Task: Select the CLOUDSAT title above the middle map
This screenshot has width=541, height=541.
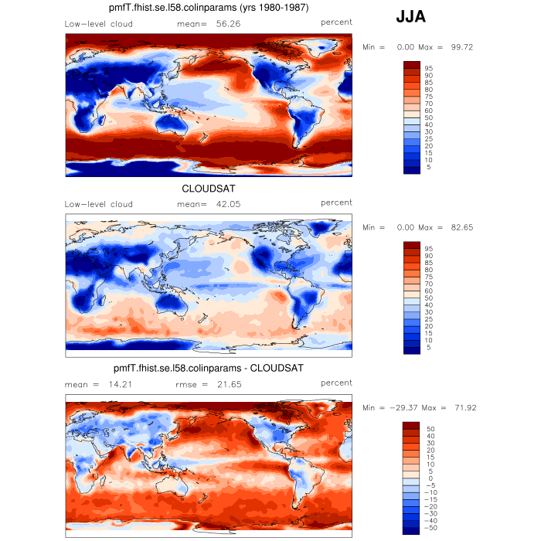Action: [x=209, y=189]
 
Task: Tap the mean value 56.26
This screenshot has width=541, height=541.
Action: [x=232, y=24]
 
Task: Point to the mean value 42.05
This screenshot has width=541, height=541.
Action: [x=232, y=204]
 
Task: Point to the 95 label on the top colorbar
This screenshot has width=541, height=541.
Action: [x=428, y=69]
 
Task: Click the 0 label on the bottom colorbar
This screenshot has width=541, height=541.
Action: [x=430, y=478]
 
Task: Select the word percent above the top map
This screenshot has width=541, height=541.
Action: [x=337, y=23]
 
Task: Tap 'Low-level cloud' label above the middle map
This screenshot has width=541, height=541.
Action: [x=98, y=204]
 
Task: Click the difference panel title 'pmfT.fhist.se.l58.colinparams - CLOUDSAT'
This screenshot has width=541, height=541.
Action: [x=208, y=368]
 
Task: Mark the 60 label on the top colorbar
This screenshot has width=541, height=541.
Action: [x=428, y=111]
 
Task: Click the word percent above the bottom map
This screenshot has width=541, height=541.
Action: [x=337, y=383]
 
